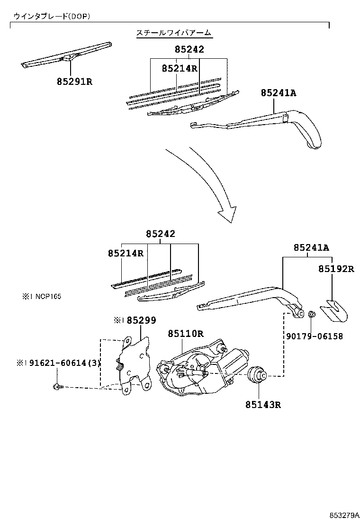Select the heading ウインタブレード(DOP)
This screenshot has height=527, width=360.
[x=52, y=16]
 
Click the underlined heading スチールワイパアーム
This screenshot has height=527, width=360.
[x=174, y=33]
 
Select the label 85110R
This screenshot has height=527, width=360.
[x=185, y=333]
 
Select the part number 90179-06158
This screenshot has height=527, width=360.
[x=314, y=336]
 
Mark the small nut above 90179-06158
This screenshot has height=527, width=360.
[x=312, y=314]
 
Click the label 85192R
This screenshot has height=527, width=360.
[x=336, y=269]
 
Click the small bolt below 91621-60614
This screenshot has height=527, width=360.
[x=57, y=387]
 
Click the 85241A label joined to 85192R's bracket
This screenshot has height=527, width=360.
[x=311, y=247]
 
